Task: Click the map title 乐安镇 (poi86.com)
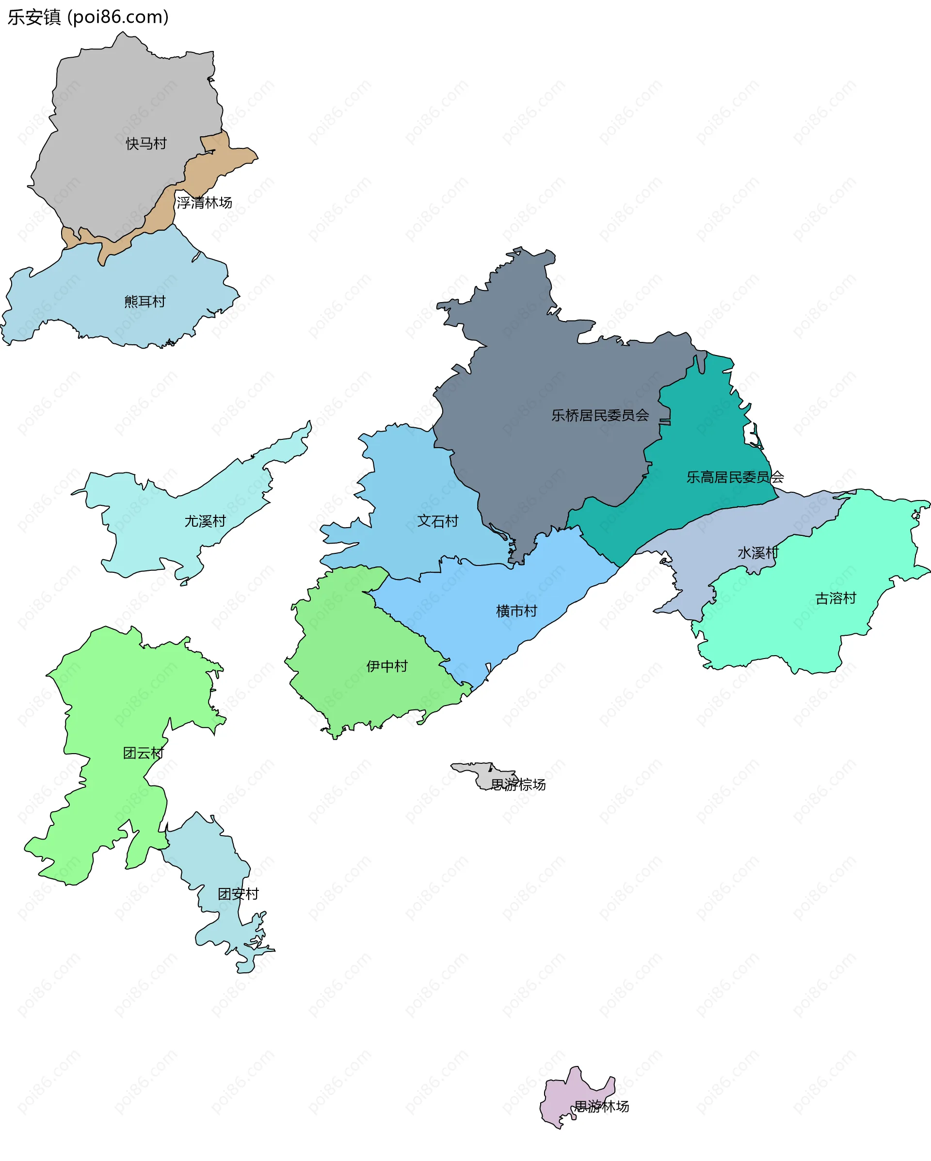88,17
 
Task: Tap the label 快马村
146,144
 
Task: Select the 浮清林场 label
204,203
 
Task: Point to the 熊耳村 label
145,302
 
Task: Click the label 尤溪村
205,521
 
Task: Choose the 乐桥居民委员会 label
600,415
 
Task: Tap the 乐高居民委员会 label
735,477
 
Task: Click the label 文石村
438,521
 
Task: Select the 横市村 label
516,611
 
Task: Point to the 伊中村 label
386,666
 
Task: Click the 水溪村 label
757,553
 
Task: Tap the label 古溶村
835,598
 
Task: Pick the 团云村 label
143,753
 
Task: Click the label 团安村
238,894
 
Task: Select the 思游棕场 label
518,785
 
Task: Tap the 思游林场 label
601,1106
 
